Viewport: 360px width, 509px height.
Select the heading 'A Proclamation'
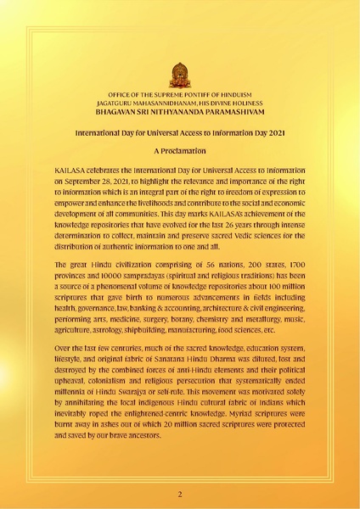[x=180, y=150]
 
